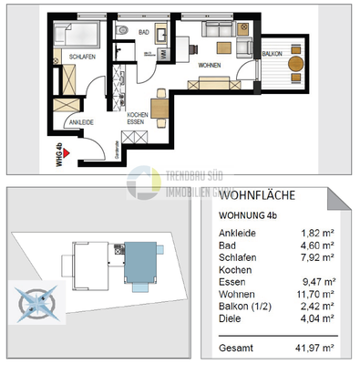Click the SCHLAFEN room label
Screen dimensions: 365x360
81,57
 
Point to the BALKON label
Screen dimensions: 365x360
271,55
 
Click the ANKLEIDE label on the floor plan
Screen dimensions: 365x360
80,122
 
